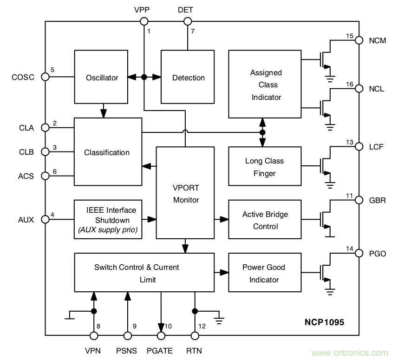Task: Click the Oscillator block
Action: [102, 78]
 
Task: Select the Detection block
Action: [188, 78]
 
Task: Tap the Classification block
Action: [107, 152]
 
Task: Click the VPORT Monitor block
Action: [186, 194]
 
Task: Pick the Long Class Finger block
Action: [264, 167]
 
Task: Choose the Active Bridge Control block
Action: [265, 220]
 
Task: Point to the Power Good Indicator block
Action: [264, 273]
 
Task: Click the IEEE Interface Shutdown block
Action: [108, 220]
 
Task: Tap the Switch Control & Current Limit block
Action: [144, 273]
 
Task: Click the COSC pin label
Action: [23, 77]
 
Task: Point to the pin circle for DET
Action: [188, 21]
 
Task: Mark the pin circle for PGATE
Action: [161, 335]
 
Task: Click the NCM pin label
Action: [377, 40]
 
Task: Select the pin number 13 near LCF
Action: [350, 142]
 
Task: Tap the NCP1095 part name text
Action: [324, 321]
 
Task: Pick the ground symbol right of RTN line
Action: [219, 320]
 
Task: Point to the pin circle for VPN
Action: [94, 335]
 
